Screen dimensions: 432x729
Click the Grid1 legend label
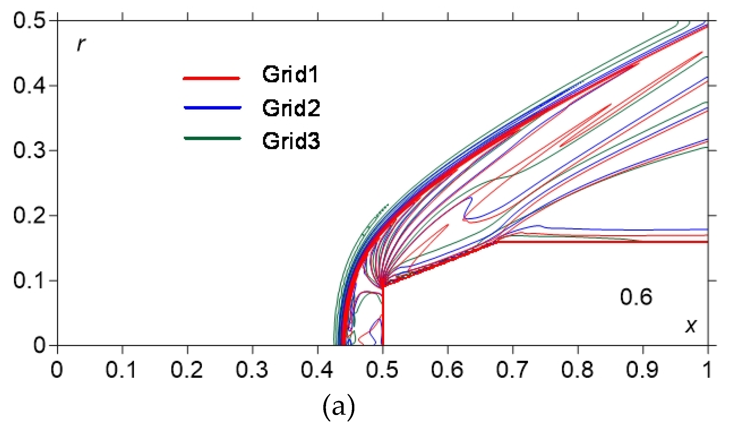(x=290, y=75)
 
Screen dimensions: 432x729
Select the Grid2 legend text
(x=291, y=108)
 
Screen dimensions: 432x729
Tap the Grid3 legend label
(x=291, y=141)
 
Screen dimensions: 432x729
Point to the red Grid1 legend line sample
(x=211, y=78)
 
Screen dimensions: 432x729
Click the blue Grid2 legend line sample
(x=213, y=108)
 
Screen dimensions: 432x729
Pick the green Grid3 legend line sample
(x=213, y=138)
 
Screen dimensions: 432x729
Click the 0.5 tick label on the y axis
(x=29, y=21)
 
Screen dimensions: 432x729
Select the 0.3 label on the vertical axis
(x=29, y=150)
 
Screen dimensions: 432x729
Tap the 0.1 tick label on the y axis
(x=29, y=281)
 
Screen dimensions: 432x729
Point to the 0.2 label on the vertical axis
(x=29, y=215)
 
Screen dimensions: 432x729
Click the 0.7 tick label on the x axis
(x=512, y=370)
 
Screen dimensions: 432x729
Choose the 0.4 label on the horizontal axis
(x=317, y=370)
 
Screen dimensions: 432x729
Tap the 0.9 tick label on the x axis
(x=642, y=370)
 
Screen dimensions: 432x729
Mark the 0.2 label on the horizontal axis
(x=187, y=370)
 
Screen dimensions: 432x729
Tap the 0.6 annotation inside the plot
(x=636, y=297)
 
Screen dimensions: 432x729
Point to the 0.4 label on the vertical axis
(x=29, y=86)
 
